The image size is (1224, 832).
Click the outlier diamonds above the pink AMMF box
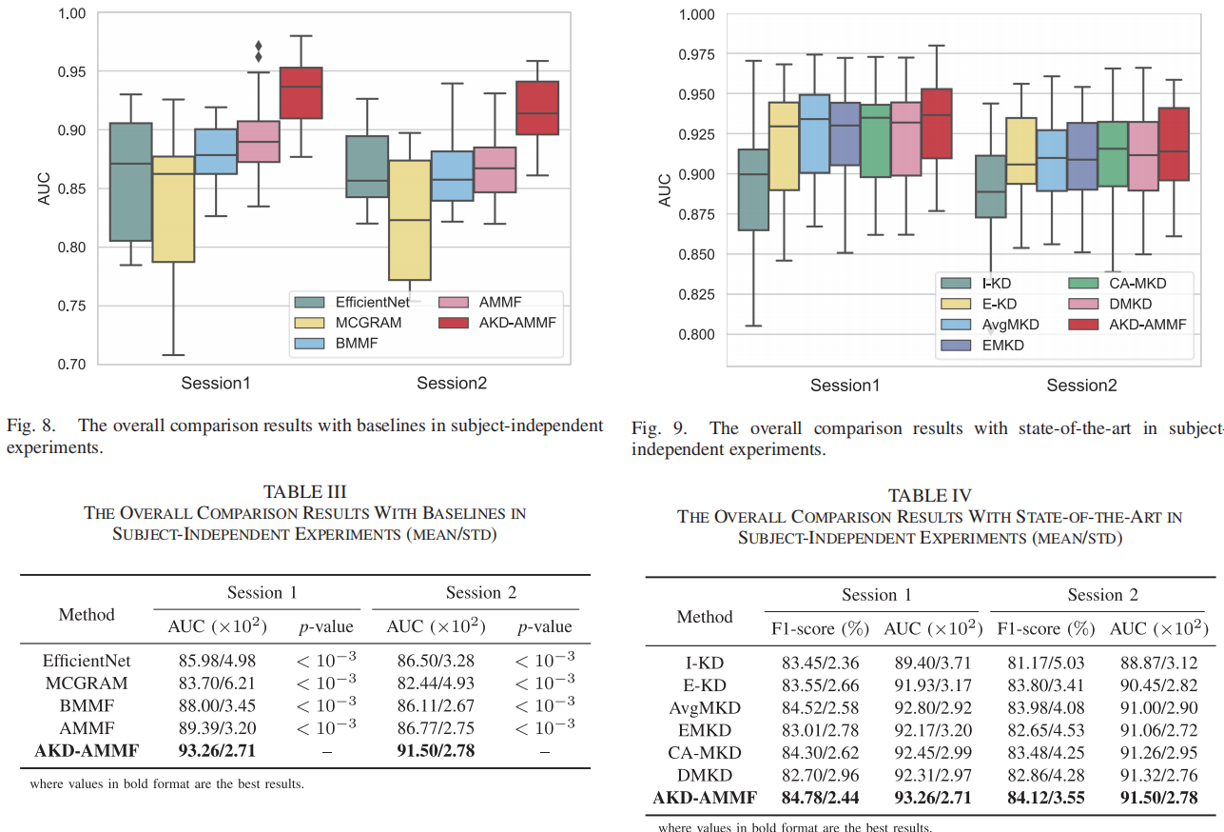(x=259, y=51)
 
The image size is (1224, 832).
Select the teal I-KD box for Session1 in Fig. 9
(x=753, y=189)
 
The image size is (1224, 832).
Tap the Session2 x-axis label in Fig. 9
(x=1081, y=386)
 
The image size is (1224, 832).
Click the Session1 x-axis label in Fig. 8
(x=216, y=383)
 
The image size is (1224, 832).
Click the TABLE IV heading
(x=929, y=495)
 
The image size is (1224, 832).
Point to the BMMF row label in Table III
(x=87, y=705)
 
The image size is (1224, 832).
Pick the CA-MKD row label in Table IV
(x=705, y=753)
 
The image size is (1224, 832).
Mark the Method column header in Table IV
(x=705, y=617)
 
